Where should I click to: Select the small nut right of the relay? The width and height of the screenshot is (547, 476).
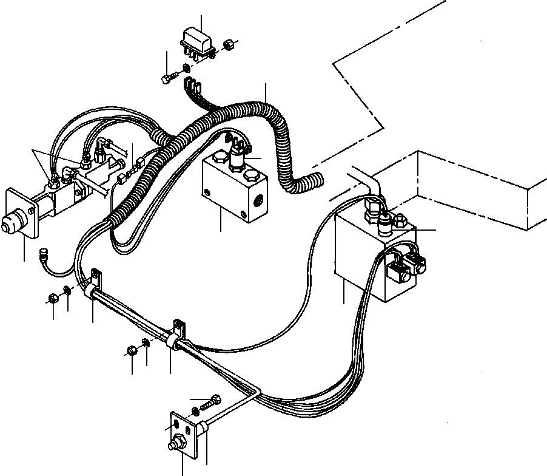pyautogui.click(x=229, y=45)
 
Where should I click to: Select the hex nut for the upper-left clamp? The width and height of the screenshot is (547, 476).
pyautogui.click(x=53, y=297)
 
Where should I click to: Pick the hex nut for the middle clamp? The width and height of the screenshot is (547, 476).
pyautogui.click(x=132, y=350)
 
